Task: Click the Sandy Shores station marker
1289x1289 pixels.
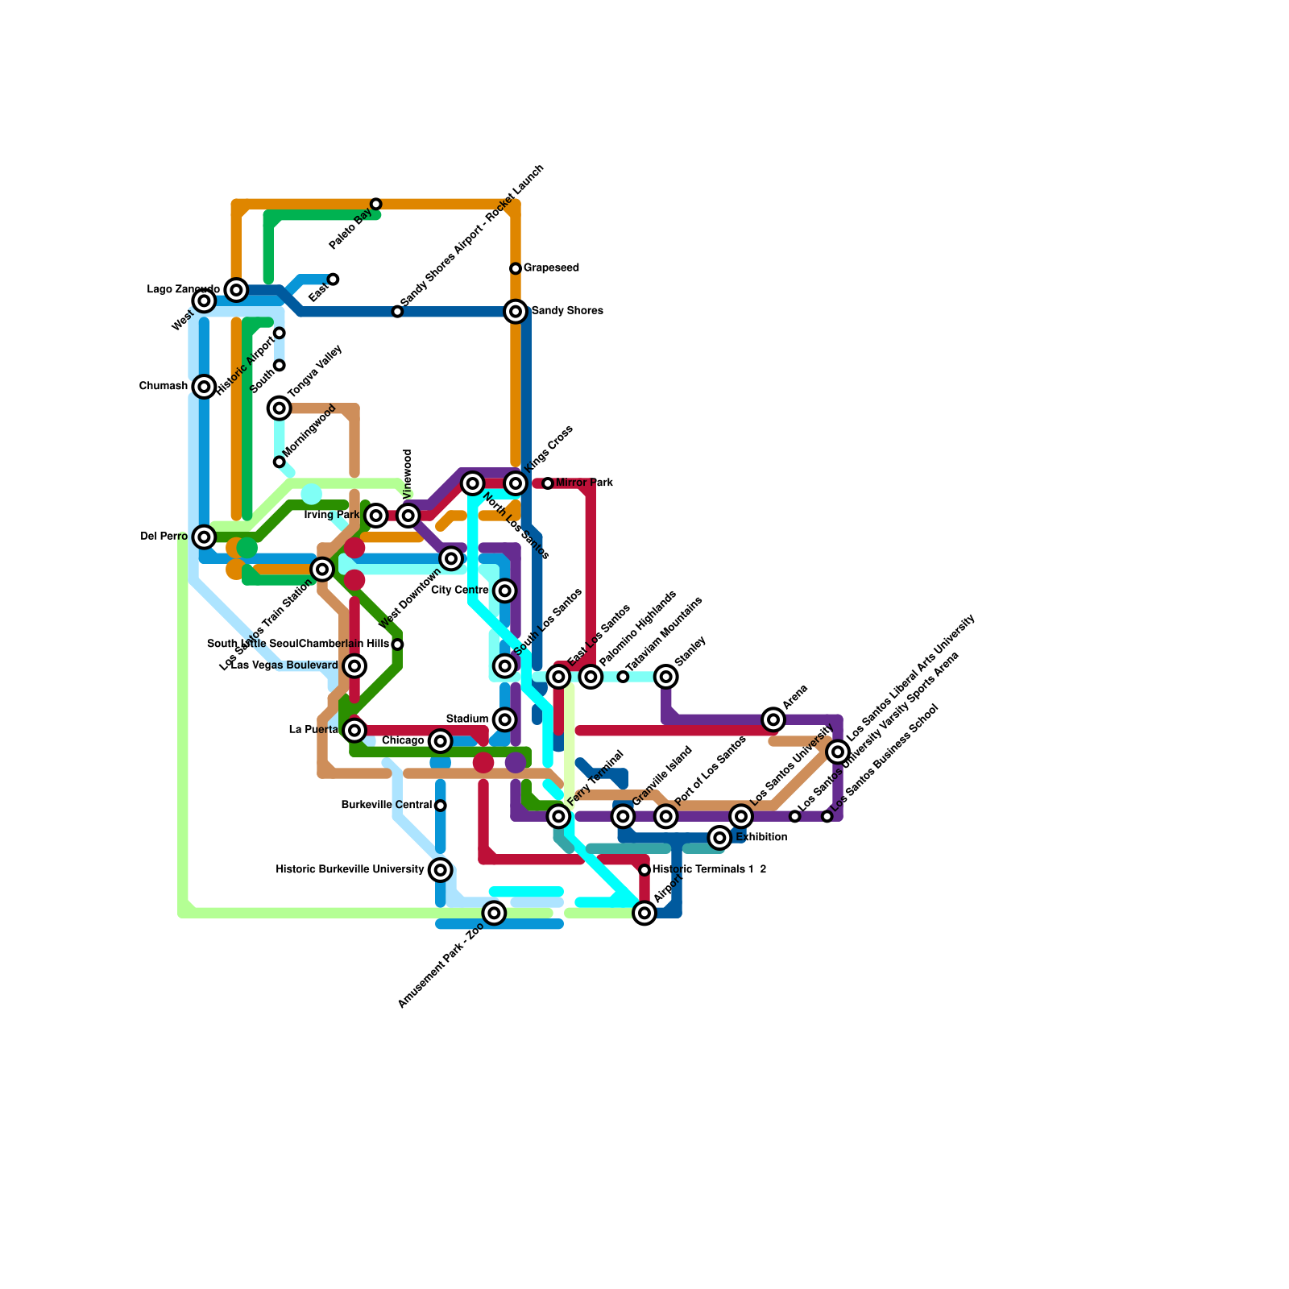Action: pos(516,311)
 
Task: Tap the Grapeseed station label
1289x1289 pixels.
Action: pos(551,268)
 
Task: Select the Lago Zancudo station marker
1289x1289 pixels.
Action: pos(236,290)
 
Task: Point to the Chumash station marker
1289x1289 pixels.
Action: pos(205,387)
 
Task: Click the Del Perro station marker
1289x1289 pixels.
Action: pos(205,537)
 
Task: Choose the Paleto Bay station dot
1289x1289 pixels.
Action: pos(376,204)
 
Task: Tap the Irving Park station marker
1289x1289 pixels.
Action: pos(376,516)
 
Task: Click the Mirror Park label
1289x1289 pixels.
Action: pos(584,483)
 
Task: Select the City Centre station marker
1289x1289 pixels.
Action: pos(505,591)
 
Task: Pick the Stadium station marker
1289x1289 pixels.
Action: pos(505,719)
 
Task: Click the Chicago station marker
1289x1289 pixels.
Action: pos(440,741)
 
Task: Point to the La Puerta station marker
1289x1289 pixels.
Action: pos(354,730)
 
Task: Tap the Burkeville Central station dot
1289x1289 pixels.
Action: pos(441,806)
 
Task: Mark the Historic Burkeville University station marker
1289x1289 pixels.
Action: pos(440,870)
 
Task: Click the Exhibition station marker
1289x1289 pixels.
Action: pos(720,838)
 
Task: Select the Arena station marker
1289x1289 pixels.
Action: pos(773,719)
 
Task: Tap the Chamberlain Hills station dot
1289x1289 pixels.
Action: pos(397,644)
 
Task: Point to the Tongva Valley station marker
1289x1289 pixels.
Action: pos(280,408)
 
